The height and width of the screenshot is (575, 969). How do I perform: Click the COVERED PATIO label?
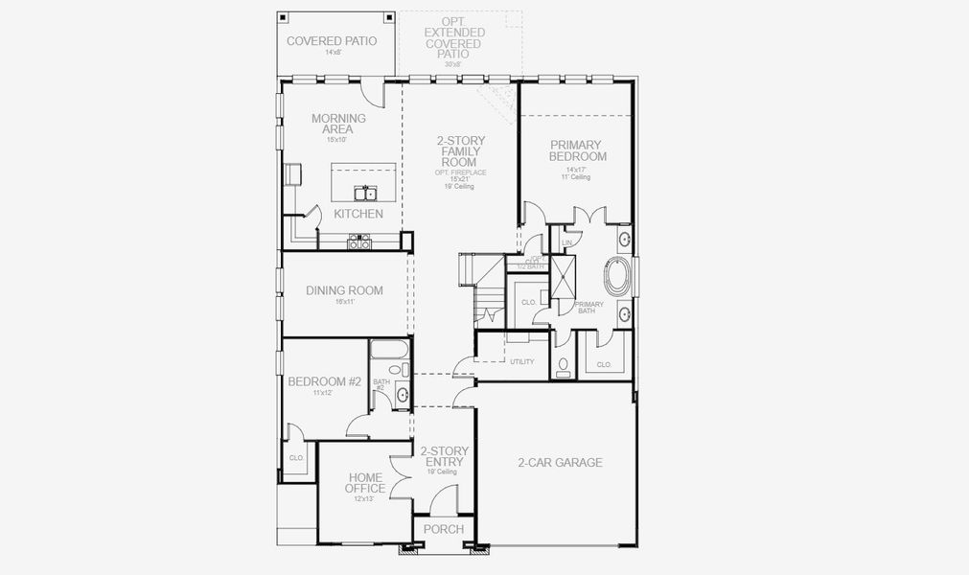(x=332, y=41)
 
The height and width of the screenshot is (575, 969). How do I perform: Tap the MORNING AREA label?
(x=338, y=124)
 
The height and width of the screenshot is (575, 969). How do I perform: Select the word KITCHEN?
(x=358, y=214)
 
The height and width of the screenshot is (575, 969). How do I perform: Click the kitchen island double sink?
(x=364, y=192)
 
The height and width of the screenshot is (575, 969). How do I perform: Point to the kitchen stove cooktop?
(x=359, y=242)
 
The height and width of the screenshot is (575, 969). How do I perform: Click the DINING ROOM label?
(x=344, y=290)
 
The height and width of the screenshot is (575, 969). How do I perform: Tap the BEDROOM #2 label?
(x=324, y=381)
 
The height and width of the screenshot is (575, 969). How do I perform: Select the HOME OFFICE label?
(x=365, y=483)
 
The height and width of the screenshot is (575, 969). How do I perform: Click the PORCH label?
(x=443, y=529)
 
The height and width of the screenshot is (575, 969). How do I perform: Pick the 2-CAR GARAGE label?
(x=561, y=462)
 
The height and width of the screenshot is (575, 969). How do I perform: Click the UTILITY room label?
(x=521, y=361)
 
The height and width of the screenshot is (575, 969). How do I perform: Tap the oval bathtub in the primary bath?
(x=618, y=277)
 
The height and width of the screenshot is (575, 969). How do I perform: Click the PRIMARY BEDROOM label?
(x=578, y=150)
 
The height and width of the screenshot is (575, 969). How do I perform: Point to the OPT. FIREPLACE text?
(x=460, y=172)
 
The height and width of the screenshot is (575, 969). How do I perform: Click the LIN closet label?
(x=567, y=243)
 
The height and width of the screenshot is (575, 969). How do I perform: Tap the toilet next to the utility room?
(x=563, y=365)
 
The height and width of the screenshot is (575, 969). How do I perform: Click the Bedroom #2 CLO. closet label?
(x=296, y=458)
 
